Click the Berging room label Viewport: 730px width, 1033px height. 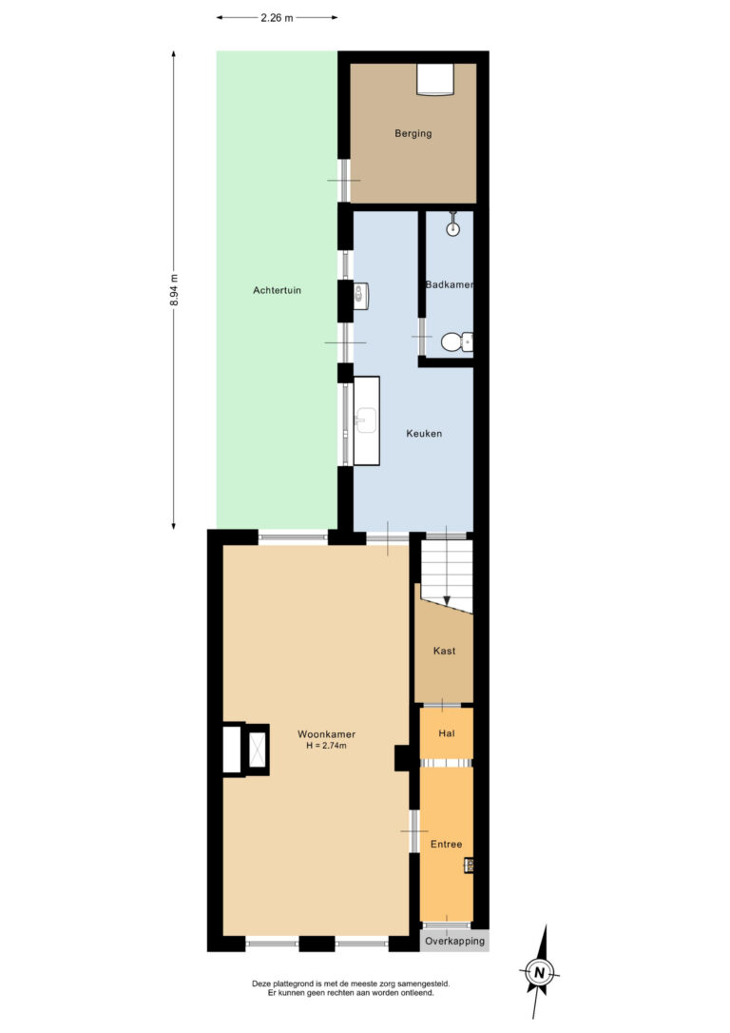click(413, 133)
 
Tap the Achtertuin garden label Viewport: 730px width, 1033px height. click(277, 290)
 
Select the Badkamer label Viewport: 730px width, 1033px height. click(450, 284)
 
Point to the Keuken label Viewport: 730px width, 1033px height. click(424, 433)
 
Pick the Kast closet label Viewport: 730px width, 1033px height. click(444, 651)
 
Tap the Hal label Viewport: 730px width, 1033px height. click(446, 734)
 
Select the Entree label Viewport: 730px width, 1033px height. click(446, 844)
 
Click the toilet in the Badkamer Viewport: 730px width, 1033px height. click(456, 341)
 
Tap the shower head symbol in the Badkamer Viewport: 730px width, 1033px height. click(454, 226)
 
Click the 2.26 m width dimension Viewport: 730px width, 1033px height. click(277, 16)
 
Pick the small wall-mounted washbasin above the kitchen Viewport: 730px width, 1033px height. click(360, 295)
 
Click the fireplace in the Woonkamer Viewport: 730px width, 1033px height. click(244, 749)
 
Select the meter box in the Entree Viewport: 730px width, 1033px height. click(469, 864)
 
